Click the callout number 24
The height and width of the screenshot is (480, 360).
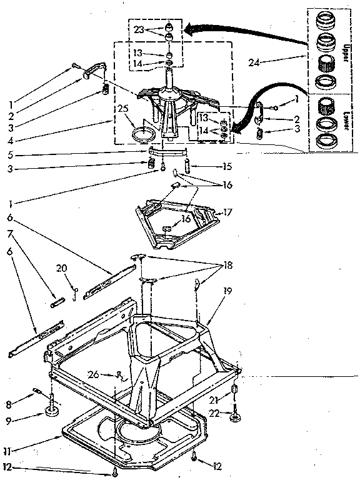pyautogui.click(x=252, y=62)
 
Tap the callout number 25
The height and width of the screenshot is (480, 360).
pyautogui.click(x=122, y=109)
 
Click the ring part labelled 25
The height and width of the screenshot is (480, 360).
pyautogui.click(x=145, y=133)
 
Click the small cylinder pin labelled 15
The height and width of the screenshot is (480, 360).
pyautogui.click(x=187, y=167)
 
